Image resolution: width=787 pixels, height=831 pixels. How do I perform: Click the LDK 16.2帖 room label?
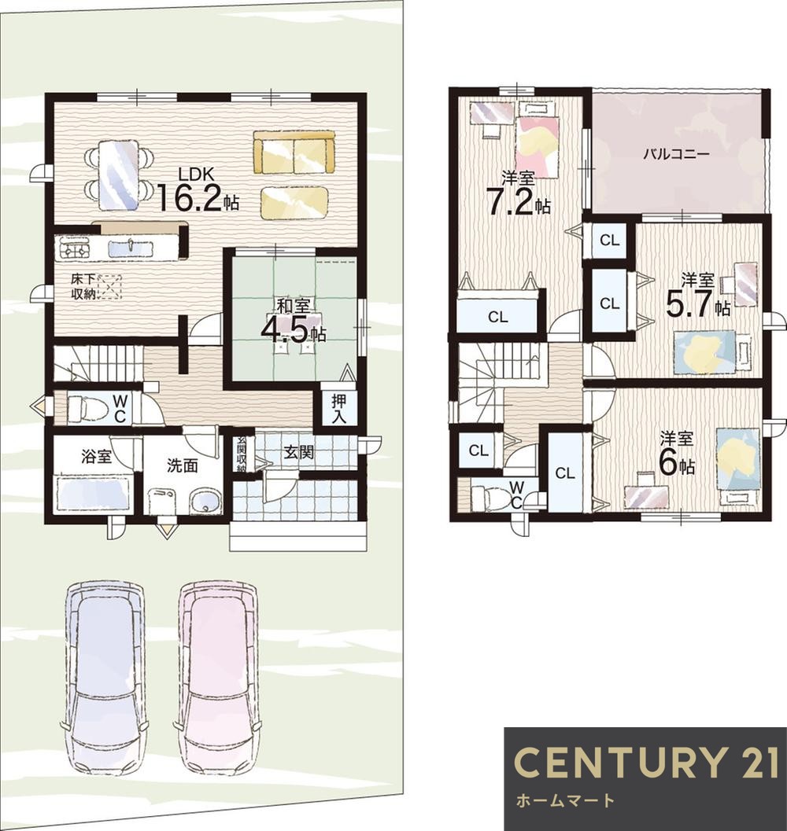[197, 189]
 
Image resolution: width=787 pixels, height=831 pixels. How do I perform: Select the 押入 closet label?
[339, 409]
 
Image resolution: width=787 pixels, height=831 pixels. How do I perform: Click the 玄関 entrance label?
[297, 452]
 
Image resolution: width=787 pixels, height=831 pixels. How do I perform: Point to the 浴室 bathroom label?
[96, 456]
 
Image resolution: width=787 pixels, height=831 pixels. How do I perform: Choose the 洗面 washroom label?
[183, 465]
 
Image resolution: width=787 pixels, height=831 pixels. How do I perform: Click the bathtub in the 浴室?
[94, 494]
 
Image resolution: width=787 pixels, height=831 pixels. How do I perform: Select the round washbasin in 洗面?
[205, 502]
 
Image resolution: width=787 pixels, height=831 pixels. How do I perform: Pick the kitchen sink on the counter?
[131, 248]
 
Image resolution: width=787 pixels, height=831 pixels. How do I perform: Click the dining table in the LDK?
[119, 175]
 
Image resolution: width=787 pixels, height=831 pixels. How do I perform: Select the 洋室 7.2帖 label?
[519, 194]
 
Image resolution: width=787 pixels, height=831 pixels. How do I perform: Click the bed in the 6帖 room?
[738, 459]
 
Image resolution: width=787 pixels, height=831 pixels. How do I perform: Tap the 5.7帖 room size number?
[690, 304]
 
